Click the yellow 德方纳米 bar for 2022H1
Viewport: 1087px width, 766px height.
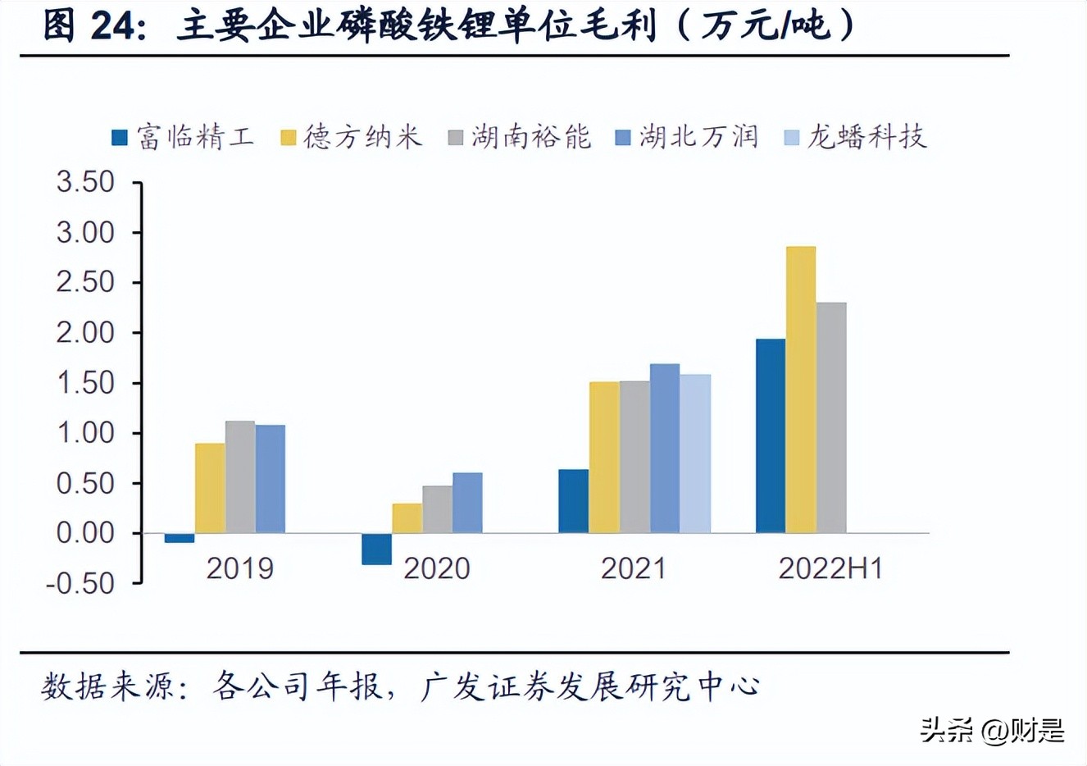(801, 390)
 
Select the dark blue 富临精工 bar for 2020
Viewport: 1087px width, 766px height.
(376, 549)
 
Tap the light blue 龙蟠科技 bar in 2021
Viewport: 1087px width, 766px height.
(695, 454)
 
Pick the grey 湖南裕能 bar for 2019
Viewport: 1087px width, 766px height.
(240, 476)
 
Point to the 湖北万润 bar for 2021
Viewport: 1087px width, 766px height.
(665, 449)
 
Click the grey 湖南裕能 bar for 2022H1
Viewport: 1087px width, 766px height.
(831, 417)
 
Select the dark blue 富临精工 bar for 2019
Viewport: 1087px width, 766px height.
(180, 538)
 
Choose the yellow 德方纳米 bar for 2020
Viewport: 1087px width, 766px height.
(407, 518)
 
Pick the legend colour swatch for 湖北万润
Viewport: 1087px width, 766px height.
(623, 138)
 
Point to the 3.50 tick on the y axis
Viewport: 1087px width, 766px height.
(85, 182)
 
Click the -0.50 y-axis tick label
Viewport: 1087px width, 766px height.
(80, 583)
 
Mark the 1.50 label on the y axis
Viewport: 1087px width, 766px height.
(85, 383)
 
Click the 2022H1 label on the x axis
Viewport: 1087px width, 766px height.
(830, 568)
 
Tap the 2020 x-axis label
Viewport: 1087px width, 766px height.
(436, 568)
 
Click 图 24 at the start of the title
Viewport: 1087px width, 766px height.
(93, 26)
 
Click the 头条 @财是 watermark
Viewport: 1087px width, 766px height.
(992, 729)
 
